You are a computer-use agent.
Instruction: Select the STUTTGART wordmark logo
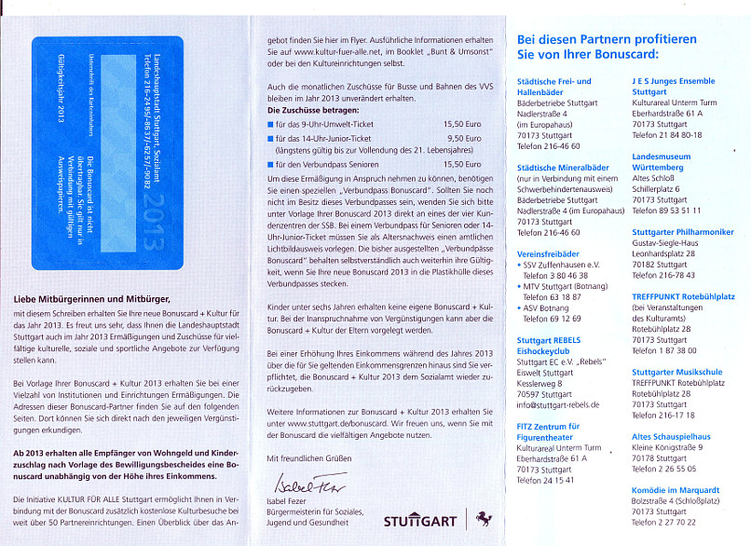point(419,521)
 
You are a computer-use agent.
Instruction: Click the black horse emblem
point(483,518)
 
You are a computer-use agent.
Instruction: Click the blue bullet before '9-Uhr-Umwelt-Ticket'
point(270,124)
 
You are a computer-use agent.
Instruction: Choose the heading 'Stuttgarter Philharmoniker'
point(682,231)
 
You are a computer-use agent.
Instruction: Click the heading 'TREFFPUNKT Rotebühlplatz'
point(683,296)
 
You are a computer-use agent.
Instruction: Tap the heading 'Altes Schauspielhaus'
point(671,437)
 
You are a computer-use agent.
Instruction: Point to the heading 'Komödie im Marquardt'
point(674,490)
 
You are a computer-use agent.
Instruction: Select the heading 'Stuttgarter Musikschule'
point(676,372)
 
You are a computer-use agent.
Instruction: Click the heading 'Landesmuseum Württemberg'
point(662,162)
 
